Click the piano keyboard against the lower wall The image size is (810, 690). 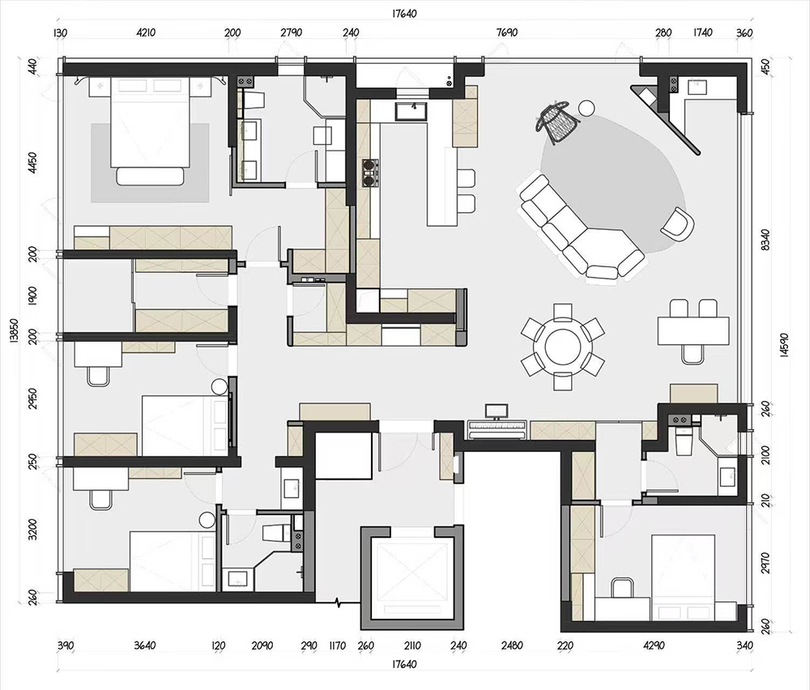[x=497, y=430]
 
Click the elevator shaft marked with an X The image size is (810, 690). [x=411, y=575]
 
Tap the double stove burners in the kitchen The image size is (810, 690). [x=370, y=172]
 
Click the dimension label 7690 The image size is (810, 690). [x=507, y=32]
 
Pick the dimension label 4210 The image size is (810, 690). [x=146, y=32]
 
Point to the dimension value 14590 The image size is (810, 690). [x=783, y=344]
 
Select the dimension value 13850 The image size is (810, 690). [x=14, y=331]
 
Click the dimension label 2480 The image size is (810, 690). [x=511, y=645]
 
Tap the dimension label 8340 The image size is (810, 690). [x=765, y=241]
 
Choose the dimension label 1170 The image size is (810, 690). [x=337, y=645]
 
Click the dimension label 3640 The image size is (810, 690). [x=145, y=645]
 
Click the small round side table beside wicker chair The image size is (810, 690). [x=586, y=108]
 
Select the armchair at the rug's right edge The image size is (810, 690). [x=677, y=224]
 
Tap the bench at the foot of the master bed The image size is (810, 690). [x=151, y=176]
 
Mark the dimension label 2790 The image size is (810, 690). [x=291, y=32]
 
